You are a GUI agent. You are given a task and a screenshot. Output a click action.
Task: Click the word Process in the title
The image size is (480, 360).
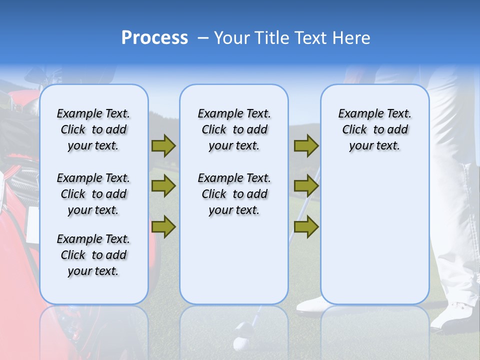coord(154,38)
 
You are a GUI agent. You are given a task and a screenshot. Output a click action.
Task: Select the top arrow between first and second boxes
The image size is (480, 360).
coord(163,145)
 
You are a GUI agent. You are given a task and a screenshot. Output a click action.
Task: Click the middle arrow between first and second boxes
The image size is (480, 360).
coord(163,186)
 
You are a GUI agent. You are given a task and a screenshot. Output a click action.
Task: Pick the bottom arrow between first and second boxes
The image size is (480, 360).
coord(163,227)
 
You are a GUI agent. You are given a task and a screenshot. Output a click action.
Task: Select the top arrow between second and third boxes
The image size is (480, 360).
coord(306,145)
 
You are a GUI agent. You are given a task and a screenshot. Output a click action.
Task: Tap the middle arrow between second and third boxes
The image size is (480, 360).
coord(306,186)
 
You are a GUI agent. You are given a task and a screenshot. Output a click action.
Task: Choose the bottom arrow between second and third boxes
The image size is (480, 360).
coord(306,227)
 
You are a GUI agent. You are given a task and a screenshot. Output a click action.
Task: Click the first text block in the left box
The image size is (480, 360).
coord(93,129)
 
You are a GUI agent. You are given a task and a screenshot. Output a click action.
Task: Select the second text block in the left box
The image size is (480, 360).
coord(93,194)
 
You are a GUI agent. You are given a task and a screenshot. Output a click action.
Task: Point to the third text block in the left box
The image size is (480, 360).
coord(93,255)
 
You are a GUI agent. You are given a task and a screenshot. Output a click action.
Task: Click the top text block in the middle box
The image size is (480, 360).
coord(234,129)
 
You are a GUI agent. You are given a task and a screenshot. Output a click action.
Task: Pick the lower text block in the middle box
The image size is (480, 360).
coord(234,194)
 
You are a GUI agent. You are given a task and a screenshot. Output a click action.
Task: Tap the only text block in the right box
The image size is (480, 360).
coord(374,129)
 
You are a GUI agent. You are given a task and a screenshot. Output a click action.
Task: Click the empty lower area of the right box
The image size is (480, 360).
coord(374,235)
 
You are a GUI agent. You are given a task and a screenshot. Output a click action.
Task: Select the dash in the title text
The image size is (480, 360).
coord(203,38)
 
